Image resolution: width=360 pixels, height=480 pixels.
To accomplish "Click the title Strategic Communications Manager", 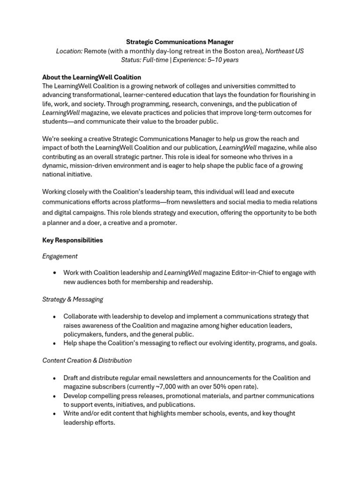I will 180,42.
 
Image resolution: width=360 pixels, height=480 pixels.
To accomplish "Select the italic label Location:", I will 69,51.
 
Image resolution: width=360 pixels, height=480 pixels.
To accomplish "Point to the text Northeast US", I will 285,51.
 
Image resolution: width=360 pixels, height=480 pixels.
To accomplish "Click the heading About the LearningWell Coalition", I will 91,77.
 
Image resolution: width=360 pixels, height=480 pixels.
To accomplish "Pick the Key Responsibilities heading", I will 72,240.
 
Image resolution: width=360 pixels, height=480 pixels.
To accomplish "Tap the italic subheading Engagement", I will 60,256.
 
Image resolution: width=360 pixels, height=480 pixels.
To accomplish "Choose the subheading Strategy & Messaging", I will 73,299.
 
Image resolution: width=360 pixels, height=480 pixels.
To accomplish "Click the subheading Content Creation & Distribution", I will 87,360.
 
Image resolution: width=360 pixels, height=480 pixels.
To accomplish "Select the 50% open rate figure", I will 220,387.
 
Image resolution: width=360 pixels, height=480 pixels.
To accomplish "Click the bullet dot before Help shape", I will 55,343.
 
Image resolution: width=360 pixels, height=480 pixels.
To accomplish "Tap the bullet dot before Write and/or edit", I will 55,413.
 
